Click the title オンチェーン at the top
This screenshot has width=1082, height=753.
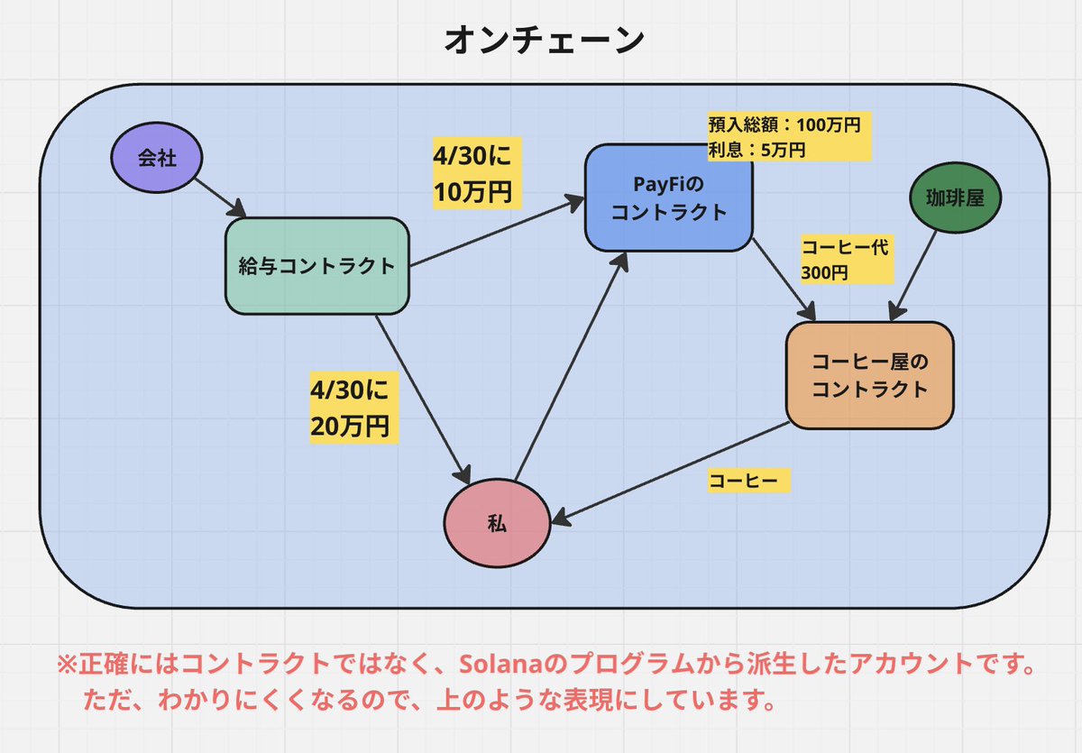[545, 41]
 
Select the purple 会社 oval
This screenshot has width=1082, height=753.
[156, 160]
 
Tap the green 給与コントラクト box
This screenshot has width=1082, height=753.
[316, 266]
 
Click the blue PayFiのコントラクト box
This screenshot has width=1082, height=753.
[668, 197]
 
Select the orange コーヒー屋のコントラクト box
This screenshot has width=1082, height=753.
[869, 375]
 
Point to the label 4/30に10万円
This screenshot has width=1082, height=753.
[477, 175]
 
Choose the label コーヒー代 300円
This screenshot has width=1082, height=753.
[845, 260]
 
